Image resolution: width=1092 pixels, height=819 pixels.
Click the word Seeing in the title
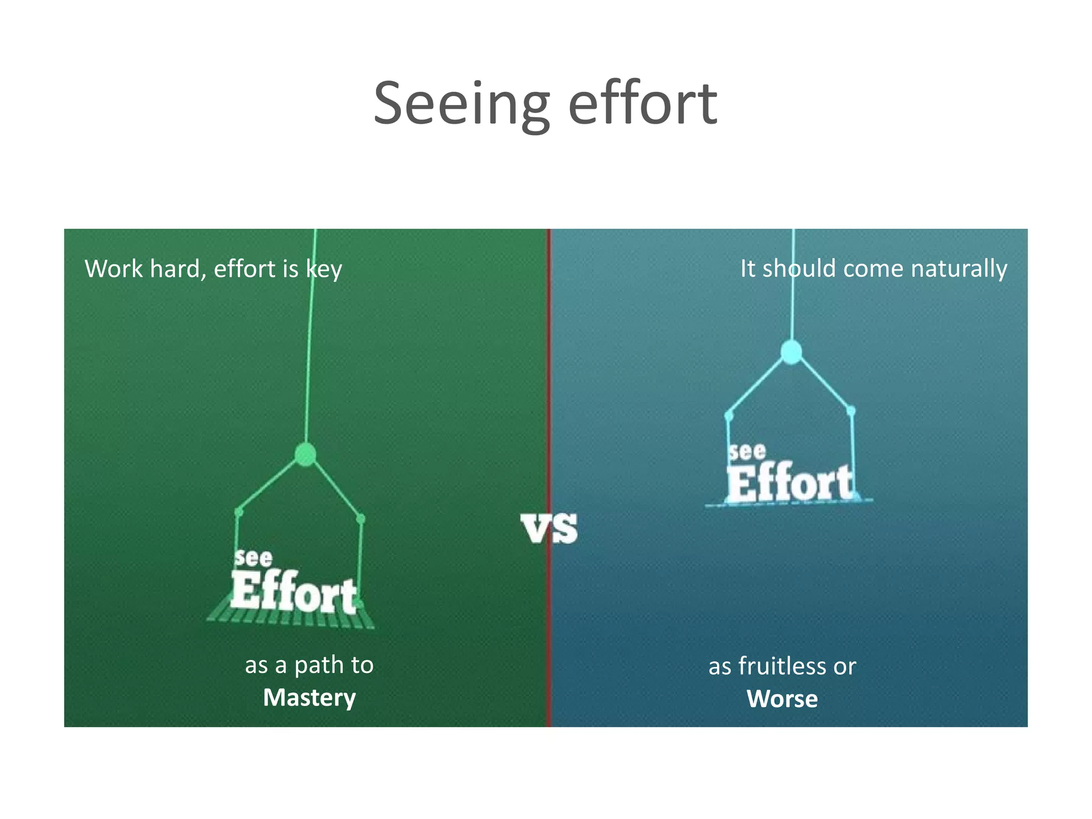[x=461, y=104]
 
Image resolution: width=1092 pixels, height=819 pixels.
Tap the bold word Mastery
[x=309, y=697]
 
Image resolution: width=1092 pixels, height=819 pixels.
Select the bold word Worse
[x=782, y=698]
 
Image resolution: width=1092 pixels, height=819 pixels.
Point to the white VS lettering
[x=549, y=529]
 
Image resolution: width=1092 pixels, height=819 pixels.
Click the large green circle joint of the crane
[x=305, y=455]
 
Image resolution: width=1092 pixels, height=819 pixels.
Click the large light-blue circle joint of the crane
[x=791, y=352]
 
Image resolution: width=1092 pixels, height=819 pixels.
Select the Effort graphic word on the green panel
[x=293, y=593]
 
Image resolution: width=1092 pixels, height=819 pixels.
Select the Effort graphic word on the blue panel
[x=790, y=483]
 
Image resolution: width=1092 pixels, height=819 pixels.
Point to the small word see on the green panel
[x=253, y=558]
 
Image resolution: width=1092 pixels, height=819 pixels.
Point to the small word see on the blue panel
[x=748, y=452]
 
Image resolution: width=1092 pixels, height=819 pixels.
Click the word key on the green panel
[x=324, y=269]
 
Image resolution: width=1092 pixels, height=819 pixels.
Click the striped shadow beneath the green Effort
[x=291, y=619]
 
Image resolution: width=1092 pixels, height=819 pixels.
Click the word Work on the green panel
[x=114, y=269]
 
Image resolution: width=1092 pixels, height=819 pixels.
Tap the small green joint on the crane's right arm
[x=360, y=519]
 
